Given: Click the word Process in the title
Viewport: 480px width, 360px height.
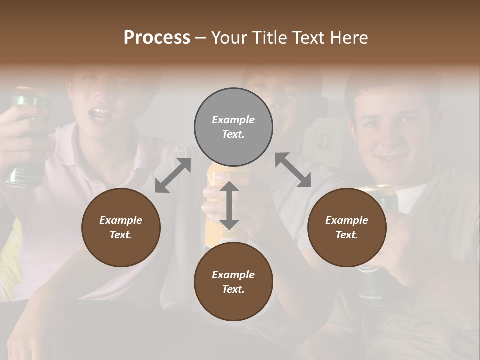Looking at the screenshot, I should click(157, 38).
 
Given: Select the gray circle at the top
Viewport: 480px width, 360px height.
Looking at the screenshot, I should click(233, 127).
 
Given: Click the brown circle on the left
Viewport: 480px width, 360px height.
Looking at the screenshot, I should click(121, 227).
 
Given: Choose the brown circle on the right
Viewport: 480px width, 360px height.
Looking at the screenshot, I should click(346, 227).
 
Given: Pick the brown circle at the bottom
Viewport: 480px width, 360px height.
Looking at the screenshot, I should click(233, 281).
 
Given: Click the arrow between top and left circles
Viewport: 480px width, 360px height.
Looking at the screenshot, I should click(173, 175).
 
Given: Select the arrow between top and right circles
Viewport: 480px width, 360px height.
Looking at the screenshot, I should click(293, 170).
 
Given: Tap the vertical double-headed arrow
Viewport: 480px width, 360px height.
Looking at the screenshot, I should click(229, 205).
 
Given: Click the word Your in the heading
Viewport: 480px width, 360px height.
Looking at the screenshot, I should click(230, 38).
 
